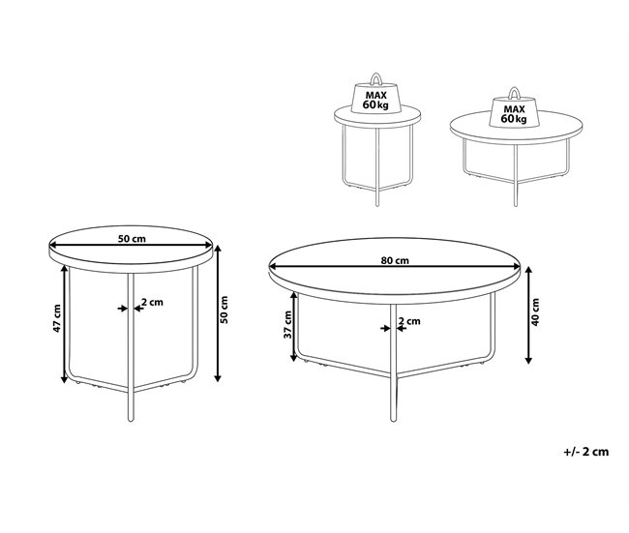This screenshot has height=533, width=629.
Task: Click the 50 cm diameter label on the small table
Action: [x=132, y=239]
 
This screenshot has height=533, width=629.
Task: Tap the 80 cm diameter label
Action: [x=395, y=260]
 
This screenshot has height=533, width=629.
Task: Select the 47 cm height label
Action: [x=57, y=318]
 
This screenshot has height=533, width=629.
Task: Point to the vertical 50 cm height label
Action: [x=225, y=310]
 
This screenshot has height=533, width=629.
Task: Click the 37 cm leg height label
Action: [x=288, y=324]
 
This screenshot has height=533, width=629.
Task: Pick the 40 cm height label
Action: [x=535, y=311]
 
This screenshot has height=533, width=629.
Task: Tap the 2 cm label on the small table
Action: [x=153, y=302]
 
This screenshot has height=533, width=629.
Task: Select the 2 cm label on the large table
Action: [x=409, y=321]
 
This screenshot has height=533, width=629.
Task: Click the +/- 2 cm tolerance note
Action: [x=586, y=452]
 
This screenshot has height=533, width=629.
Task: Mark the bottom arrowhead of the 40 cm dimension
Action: [x=528, y=360]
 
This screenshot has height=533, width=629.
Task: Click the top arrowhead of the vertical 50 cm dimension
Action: [x=218, y=250]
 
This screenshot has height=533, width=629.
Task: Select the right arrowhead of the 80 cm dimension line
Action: [x=516, y=267]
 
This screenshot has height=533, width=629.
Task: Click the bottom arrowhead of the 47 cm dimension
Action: [x=64, y=378]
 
